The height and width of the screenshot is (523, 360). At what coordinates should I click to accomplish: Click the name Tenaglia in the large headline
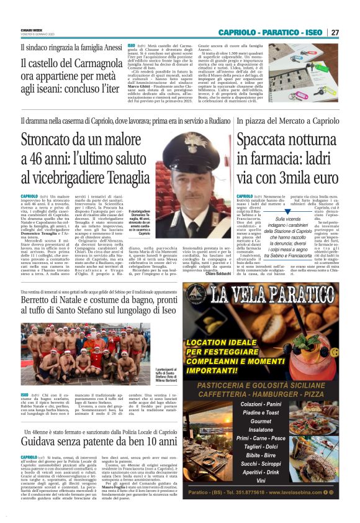[130, 176]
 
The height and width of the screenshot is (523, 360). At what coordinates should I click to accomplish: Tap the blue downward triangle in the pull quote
[287, 211]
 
